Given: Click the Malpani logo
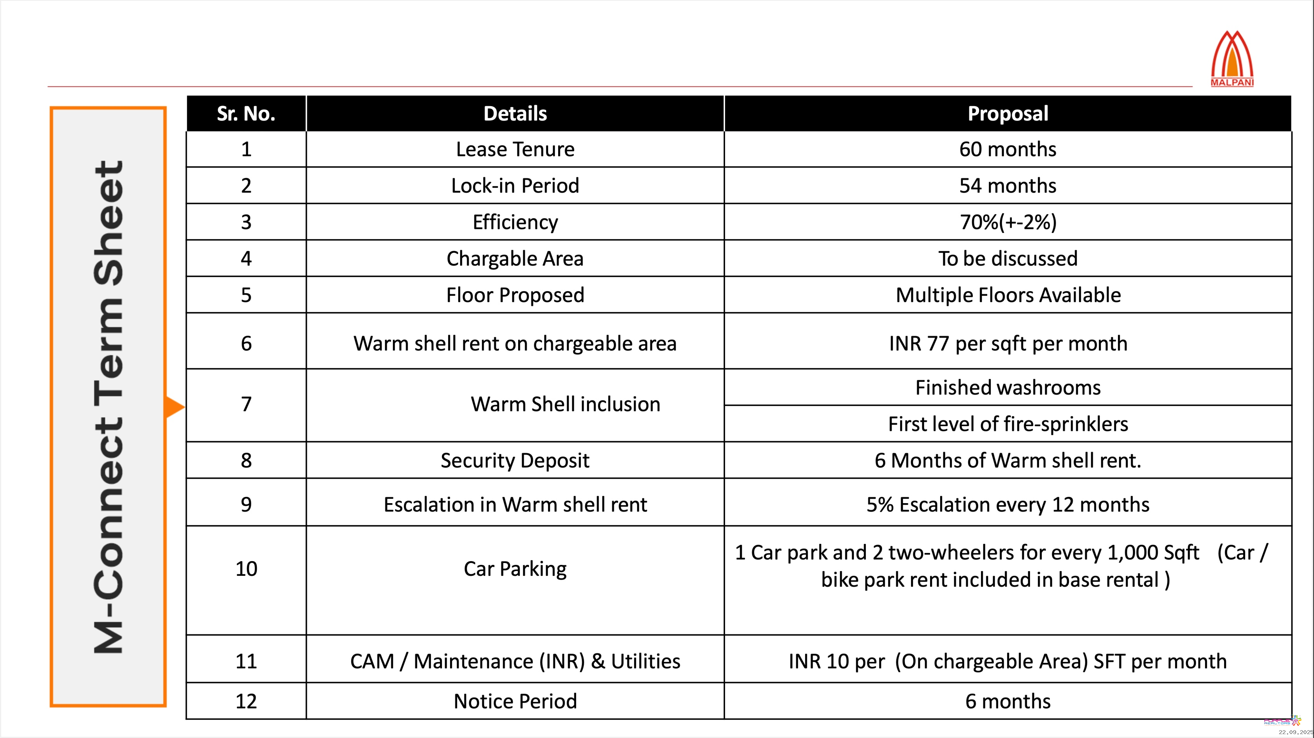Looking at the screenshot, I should [x=1232, y=59].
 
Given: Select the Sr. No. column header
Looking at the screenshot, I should [x=246, y=113].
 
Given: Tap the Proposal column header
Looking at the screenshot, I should [x=1007, y=113].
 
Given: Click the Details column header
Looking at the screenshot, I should [x=515, y=113].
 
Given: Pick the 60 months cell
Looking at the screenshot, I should [x=1007, y=149].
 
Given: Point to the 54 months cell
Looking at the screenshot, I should [x=1007, y=185].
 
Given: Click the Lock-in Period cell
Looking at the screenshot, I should [x=515, y=185].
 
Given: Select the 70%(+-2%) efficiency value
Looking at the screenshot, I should [x=1007, y=222].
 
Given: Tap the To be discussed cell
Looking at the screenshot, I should [x=1007, y=259].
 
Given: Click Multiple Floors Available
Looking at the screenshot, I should [x=1007, y=295].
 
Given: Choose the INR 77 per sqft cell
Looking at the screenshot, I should [x=1007, y=343].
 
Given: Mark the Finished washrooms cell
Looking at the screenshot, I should [x=1007, y=388].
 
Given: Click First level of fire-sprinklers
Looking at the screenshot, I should [x=1007, y=424].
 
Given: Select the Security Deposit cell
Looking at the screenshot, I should [x=515, y=460].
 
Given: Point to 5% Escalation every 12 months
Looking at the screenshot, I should [x=1007, y=504].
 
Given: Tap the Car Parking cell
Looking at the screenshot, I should [x=515, y=569].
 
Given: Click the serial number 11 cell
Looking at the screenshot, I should [x=246, y=661].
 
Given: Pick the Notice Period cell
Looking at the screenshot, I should [x=515, y=701].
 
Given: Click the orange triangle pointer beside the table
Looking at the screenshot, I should [x=174, y=407].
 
